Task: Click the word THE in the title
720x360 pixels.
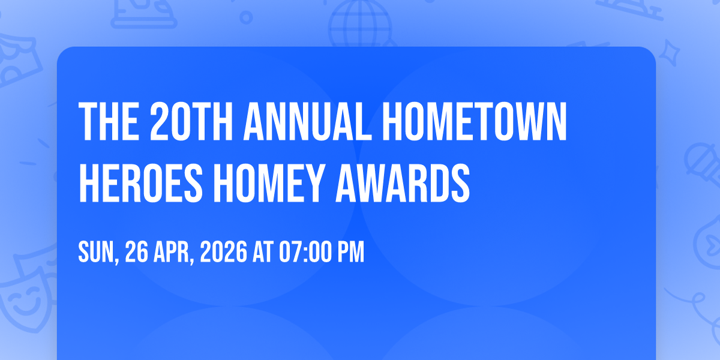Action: [109, 121]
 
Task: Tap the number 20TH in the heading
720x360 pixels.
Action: [191, 121]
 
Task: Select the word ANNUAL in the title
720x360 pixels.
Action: [308, 121]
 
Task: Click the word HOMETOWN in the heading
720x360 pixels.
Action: [475, 121]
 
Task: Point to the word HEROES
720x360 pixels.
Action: [141, 183]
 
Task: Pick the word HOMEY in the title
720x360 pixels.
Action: [268, 183]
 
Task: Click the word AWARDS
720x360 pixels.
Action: [403, 183]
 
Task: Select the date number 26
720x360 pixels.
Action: [137, 252]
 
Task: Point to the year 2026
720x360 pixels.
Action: [224, 252]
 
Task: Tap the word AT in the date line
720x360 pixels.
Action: [263, 252]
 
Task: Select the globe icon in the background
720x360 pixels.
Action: [360, 24]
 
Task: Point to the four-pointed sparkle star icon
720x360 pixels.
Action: [669, 53]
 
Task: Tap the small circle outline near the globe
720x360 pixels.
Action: [246, 17]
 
